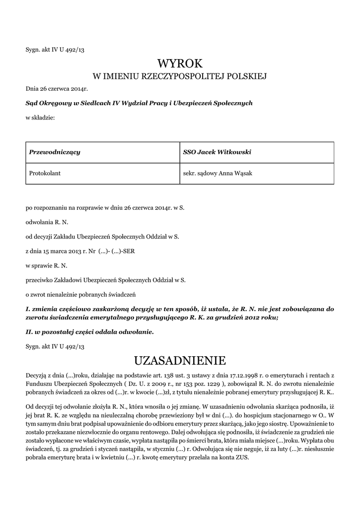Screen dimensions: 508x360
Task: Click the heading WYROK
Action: click(180, 63)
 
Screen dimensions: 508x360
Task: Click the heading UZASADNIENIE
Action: click(180, 359)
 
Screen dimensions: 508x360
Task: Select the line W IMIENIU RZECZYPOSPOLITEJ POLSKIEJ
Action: click(180, 76)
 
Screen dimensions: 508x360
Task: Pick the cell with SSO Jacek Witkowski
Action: click(217, 152)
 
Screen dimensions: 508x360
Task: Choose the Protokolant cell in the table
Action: click(45, 173)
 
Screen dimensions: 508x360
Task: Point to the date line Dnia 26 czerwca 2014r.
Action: click(57, 89)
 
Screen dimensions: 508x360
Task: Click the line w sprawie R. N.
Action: click(46, 265)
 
